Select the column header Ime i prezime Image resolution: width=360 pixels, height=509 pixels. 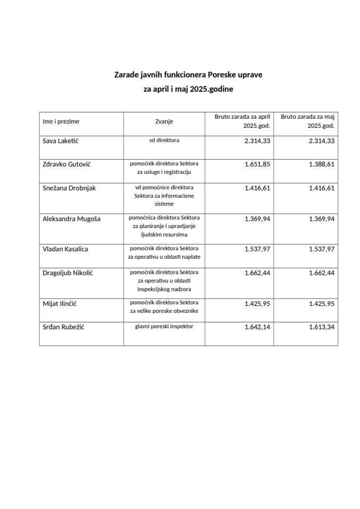point(61,121)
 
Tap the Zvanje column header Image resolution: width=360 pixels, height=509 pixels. point(164,121)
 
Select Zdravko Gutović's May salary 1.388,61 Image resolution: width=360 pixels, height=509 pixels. point(321,164)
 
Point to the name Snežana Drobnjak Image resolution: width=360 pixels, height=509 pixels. point(69,188)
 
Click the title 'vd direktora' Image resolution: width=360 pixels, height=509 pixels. point(164,141)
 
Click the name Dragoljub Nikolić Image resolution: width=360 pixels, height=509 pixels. point(67,273)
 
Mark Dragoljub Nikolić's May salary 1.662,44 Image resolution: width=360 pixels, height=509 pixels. point(321,273)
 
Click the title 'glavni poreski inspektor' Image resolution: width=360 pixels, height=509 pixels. point(164,327)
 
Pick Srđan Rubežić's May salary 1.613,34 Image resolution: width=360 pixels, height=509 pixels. point(321,327)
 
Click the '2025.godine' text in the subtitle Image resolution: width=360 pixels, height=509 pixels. point(210,90)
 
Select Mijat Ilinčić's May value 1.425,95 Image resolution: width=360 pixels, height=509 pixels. point(321,303)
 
